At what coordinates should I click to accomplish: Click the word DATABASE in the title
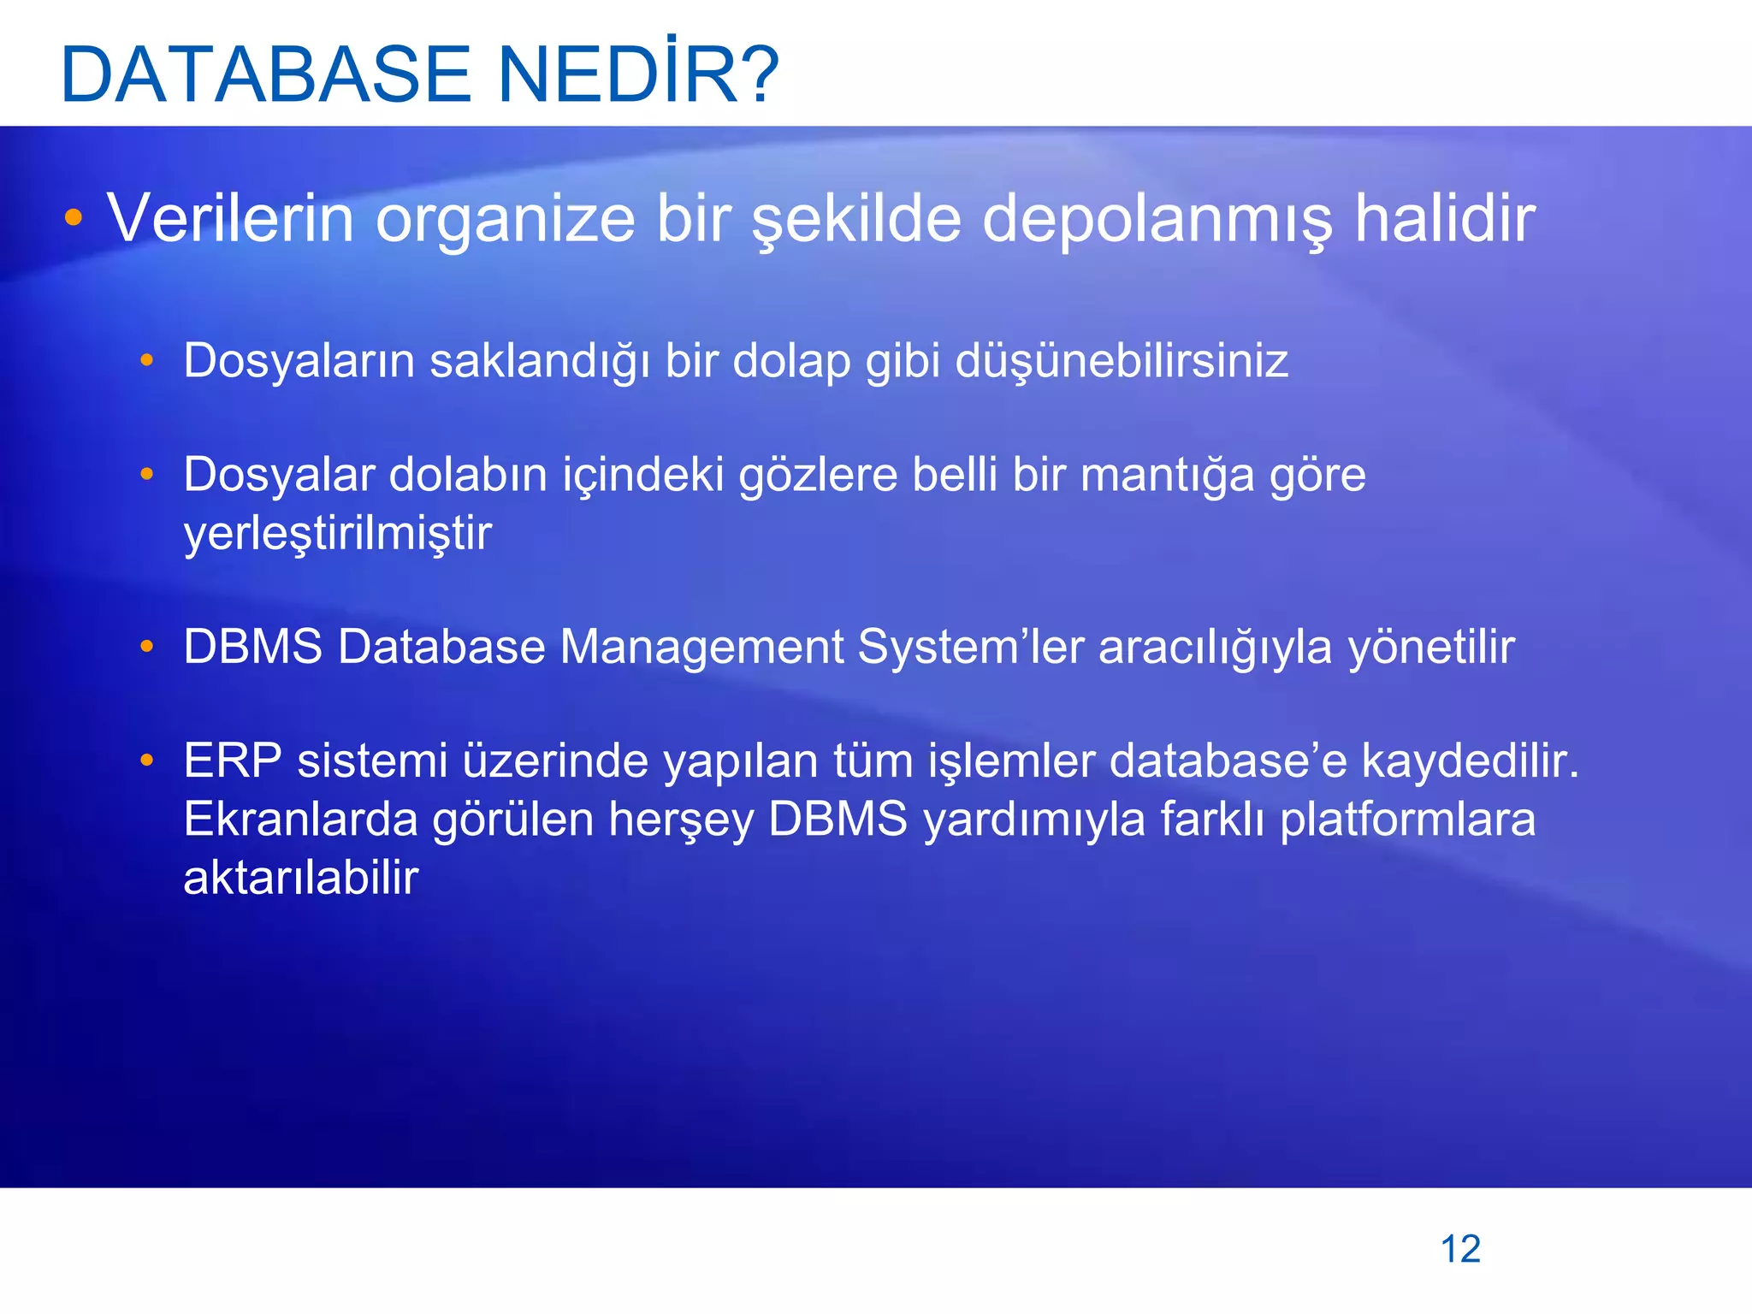click(x=266, y=74)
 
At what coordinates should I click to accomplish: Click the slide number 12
click(x=1460, y=1249)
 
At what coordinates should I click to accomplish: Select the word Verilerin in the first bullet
click(x=230, y=219)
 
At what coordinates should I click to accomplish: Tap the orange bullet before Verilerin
click(x=74, y=218)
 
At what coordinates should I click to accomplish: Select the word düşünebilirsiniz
click(x=1122, y=361)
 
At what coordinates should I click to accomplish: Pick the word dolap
click(x=791, y=361)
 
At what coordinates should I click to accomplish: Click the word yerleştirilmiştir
click(x=338, y=534)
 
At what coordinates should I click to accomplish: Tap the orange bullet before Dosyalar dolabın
click(x=147, y=474)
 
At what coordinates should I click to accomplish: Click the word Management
click(x=701, y=647)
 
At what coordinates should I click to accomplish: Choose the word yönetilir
click(x=1431, y=647)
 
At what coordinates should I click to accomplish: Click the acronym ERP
click(x=233, y=761)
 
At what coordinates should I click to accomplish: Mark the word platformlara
click(x=1408, y=820)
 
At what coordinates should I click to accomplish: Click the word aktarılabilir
click(x=301, y=878)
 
